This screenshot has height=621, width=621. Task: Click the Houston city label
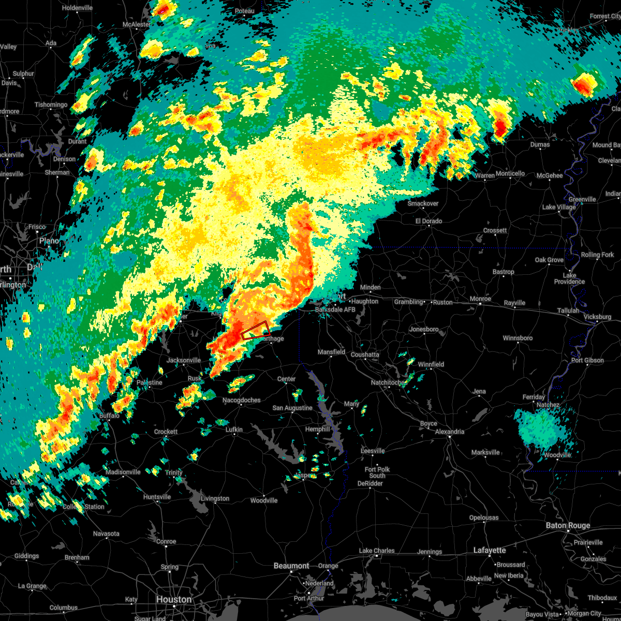pos(173,599)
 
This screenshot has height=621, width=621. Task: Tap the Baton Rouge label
pos(568,525)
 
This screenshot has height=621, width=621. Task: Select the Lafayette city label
pos(490,550)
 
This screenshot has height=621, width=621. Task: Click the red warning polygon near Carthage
pos(256,330)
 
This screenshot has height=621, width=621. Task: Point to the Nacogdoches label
pos(242,400)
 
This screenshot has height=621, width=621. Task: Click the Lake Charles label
pos(377,551)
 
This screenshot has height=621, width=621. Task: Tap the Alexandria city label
pos(450,432)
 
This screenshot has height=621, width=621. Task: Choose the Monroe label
pos(480,299)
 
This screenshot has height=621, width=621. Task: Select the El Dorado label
pos(428,221)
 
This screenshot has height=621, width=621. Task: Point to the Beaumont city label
pos(291,566)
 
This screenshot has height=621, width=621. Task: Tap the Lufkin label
pos(234,430)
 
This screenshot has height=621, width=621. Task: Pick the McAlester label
pos(137,24)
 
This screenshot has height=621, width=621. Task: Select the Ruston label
pos(442,302)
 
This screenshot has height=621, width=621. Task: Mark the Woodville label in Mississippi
pos(557,455)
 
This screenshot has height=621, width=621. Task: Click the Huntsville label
pos(157,497)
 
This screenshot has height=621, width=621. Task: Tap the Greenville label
pos(582,199)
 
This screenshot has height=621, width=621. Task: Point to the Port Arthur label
pos(308,598)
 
